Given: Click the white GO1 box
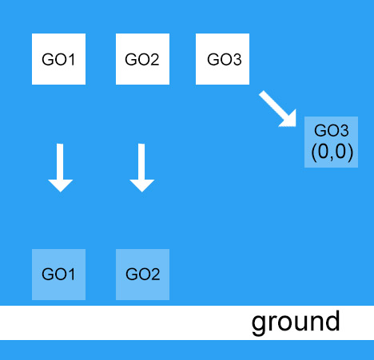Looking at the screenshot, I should (x=58, y=59).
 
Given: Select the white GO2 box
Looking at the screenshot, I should (x=143, y=59).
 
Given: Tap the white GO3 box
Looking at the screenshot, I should (x=224, y=59).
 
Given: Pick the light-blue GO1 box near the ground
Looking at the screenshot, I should (x=58, y=275).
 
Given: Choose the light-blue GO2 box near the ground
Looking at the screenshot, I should (x=143, y=275).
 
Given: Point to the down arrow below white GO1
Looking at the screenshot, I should (x=60, y=167).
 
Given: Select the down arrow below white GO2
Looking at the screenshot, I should (x=141, y=167).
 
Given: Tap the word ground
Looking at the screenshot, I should (x=296, y=322).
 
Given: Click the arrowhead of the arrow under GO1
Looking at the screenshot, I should (x=60, y=184).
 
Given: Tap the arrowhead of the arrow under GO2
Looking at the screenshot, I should (x=141, y=184).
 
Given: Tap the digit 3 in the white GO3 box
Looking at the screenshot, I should (x=237, y=59).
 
